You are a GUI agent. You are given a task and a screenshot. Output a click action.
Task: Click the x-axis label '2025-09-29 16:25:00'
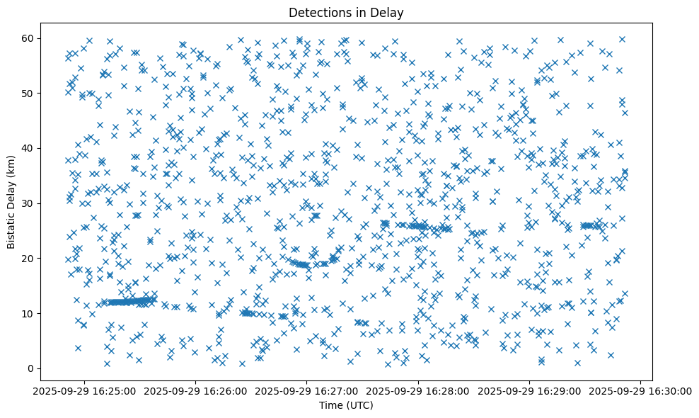pyautogui.click(x=83, y=390)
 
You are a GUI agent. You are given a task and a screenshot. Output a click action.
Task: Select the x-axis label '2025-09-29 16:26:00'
pyautogui.click(x=195, y=390)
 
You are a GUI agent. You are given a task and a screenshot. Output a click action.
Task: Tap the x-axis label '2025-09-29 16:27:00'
pyautogui.click(x=307, y=390)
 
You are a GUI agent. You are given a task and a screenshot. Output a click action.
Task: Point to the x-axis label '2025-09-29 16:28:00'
pyautogui.click(x=419, y=390)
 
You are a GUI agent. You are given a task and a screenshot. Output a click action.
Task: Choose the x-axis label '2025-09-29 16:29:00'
pyautogui.click(x=530, y=390)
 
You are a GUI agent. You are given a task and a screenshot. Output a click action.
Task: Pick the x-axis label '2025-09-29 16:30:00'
pyautogui.click(x=642, y=390)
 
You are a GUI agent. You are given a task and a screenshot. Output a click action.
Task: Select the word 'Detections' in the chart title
pyautogui.click(x=323, y=12)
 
